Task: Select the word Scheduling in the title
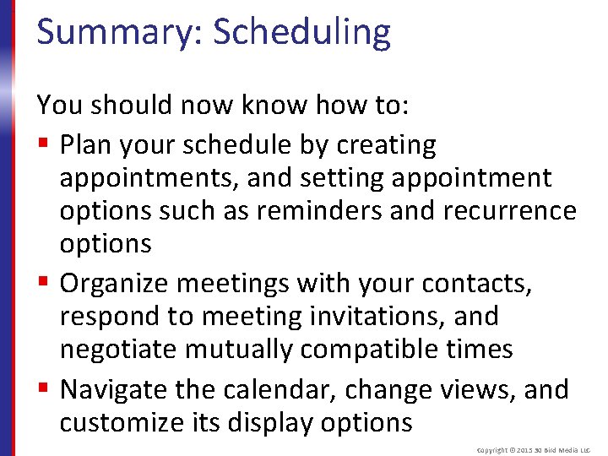[301, 32]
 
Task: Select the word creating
[386, 146]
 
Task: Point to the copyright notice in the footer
[534, 450]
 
